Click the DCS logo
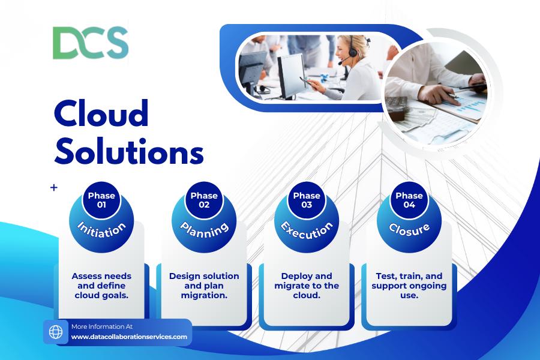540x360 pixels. pyautogui.click(x=91, y=43)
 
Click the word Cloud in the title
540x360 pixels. pyautogui.click(x=101, y=113)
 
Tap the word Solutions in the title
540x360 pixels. pyautogui.click(x=129, y=151)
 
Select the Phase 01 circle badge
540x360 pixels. pyautogui.click(x=101, y=200)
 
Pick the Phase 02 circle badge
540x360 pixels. pyautogui.click(x=204, y=200)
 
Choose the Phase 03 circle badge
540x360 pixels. pyautogui.click(x=307, y=200)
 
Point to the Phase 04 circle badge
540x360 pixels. pyautogui.click(x=409, y=200)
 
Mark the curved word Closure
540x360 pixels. pyautogui.click(x=409, y=230)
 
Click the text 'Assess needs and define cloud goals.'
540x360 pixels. pyautogui.click(x=101, y=286)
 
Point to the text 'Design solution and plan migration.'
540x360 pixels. pyautogui.click(x=204, y=286)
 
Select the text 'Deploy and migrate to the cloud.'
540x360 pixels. pyautogui.click(x=307, y=286)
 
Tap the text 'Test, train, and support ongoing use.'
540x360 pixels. pyautogui.click(x=409, y=286)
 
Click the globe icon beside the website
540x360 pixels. pyautogui.click(x=56, y=332)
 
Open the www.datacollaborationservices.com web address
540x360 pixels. pyautogui.click(x=129, y=337)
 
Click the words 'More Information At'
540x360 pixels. pyautogui.click(x=102, y=326)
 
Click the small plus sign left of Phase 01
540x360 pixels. pyautogui.click(x=54, y=188)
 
